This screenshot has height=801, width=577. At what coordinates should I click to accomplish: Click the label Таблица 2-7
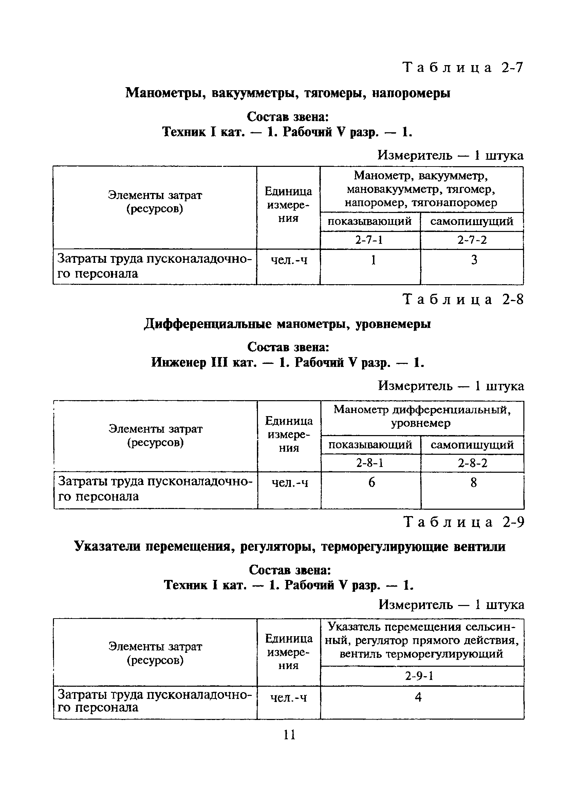(x=462, y=67)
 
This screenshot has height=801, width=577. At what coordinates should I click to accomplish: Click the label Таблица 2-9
(x=464, y=522)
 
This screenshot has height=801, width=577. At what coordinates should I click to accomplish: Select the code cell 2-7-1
(x=369, y=240)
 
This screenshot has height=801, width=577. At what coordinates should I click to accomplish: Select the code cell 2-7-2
(x=472, y=240)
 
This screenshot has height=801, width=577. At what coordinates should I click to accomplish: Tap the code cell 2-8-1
(x=370, y=463)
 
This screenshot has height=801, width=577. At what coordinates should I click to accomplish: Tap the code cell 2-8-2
(x=472, y=463)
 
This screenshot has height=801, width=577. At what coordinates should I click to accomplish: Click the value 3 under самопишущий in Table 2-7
(x=474, y=260)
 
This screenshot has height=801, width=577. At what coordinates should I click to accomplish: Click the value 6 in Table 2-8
(x=372, y=483)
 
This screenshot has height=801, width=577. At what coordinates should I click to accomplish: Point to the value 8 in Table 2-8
(x=474, y=483)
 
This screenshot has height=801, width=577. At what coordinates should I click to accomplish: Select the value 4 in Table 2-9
(x=418, y=698)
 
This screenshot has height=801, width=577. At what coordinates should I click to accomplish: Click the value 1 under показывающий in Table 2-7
(x=373, y=260)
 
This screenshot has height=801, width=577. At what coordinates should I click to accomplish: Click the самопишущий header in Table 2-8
(x=472, y=445)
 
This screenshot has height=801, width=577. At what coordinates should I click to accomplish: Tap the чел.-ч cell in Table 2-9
(x=288, y=698)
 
